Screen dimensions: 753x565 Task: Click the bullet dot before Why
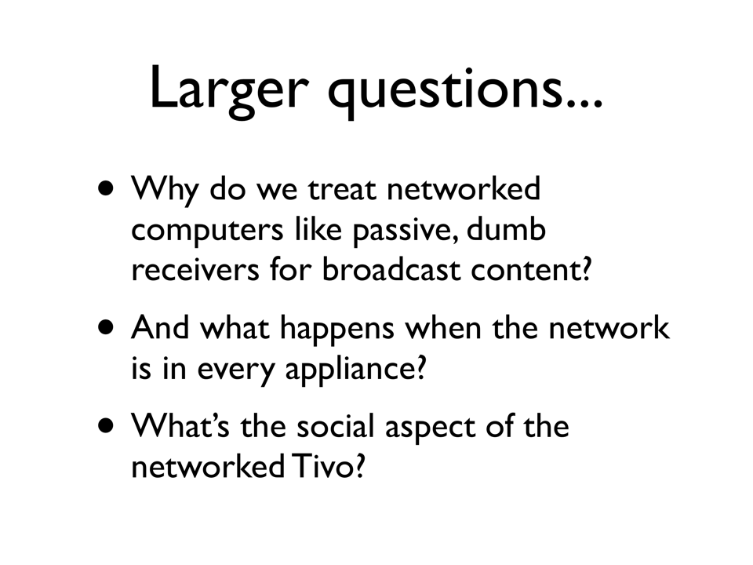point(106,188)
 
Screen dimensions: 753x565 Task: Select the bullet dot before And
point(106,328)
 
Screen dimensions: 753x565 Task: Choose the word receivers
point(195,269)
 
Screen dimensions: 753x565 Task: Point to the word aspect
point(431,428)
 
